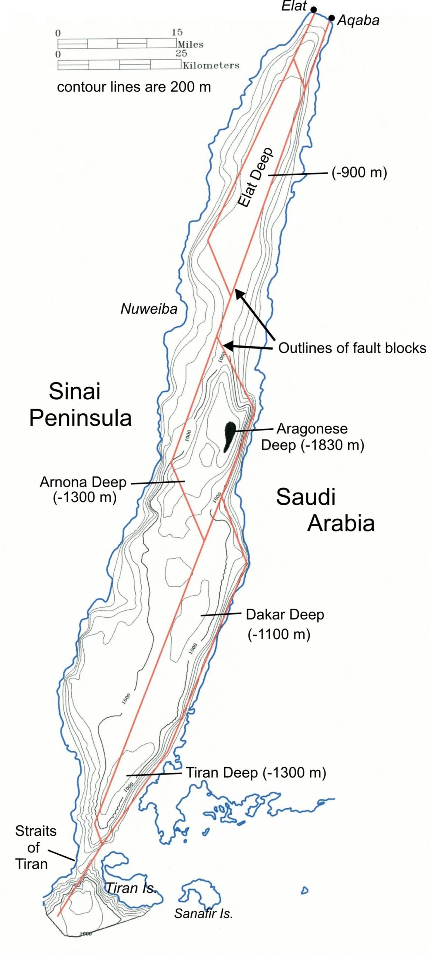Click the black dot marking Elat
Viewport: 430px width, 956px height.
(314, 10)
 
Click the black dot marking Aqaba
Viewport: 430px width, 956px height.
(331, 18)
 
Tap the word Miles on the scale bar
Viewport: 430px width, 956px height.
(191, 44)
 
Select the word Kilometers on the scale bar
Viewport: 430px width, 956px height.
(211, 65)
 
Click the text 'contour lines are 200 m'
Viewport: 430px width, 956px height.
(134, 87)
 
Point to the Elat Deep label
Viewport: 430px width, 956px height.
(256, 178)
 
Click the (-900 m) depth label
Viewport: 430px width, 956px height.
(359, 172)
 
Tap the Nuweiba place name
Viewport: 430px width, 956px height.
(149, 309)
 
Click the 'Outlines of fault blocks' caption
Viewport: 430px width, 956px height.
(352, 348)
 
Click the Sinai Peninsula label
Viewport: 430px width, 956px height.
(80, 404)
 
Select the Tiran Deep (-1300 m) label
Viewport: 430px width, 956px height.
(256, 773)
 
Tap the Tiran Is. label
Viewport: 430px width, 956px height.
(131, 888)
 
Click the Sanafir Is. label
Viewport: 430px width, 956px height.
(203, 913)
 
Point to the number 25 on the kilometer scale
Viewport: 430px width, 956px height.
(181, 53)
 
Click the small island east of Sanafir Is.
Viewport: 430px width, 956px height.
(304, 891)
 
